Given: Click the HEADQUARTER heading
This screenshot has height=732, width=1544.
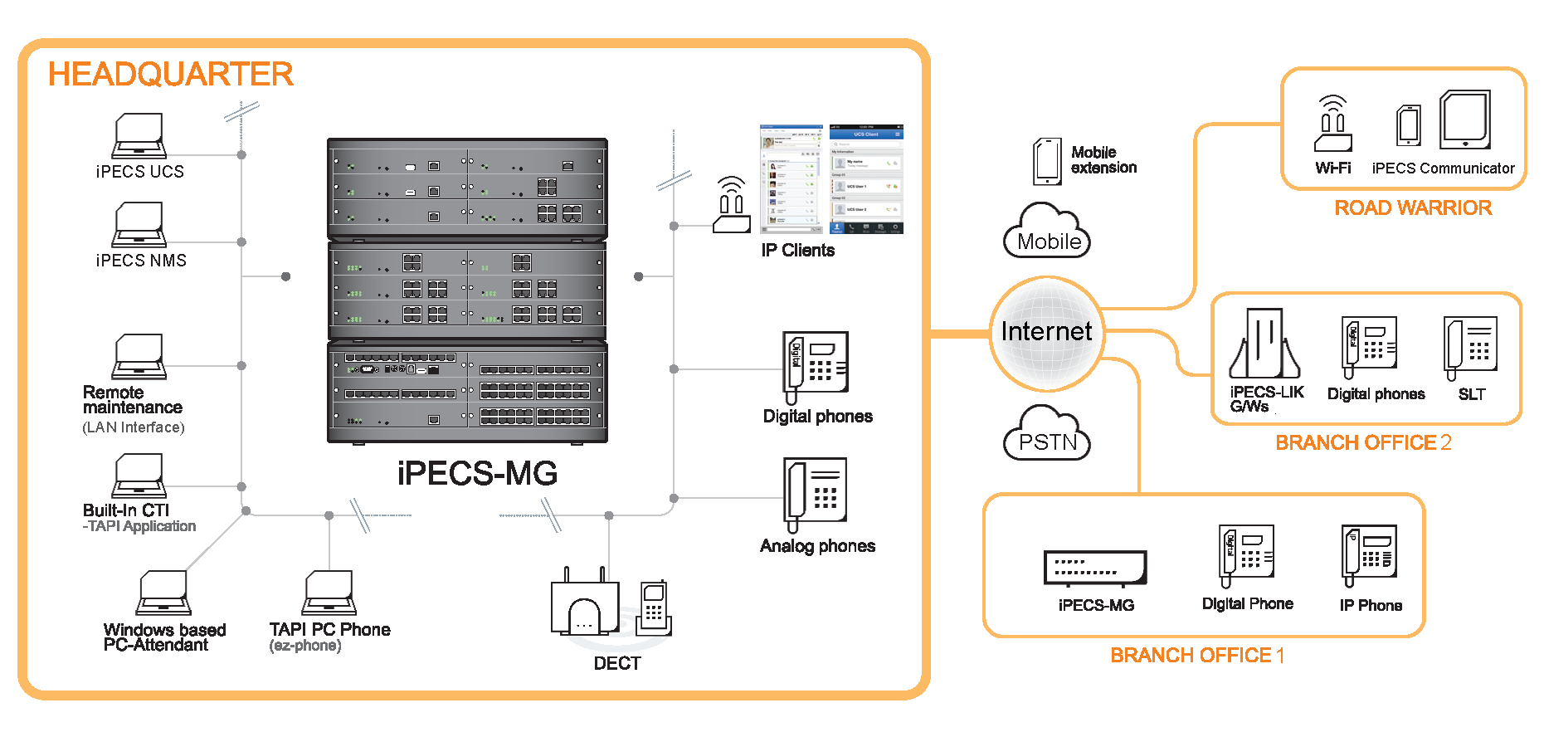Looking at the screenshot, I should click(170, 74).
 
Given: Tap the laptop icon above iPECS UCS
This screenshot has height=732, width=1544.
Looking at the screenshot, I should click(139, 136).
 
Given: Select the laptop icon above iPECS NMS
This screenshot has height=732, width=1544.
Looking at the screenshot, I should click(139, 225).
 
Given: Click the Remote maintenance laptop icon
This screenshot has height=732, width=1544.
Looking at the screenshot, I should click(139, 357).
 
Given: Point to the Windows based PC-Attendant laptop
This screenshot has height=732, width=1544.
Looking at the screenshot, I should click(164, 593).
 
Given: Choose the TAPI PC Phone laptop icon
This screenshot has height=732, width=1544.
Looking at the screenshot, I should click(329, 593).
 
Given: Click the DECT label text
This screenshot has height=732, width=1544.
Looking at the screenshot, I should click(617, 663).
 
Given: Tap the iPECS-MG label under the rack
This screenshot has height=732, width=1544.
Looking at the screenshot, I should click(477, 473).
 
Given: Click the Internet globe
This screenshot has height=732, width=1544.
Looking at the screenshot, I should click(1047, 333).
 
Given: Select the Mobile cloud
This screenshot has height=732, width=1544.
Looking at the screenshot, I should click(1047, 232).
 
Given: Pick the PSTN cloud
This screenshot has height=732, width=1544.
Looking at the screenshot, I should click(1047, 434).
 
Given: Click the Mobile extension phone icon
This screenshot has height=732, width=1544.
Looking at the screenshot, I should click(1047, 161).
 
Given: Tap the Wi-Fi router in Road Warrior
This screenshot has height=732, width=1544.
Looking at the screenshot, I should click(1332, 124).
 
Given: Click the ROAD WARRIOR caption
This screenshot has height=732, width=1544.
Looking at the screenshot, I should click(1413, 207).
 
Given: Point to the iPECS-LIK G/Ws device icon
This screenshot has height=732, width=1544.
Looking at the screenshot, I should click(1264, 344).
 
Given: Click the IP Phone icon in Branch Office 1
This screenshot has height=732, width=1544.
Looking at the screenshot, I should click(1370, 554).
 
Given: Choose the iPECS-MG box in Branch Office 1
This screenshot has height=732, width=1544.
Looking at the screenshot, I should click(1095, 568).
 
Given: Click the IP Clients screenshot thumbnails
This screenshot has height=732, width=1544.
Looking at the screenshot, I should click(831, 179).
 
